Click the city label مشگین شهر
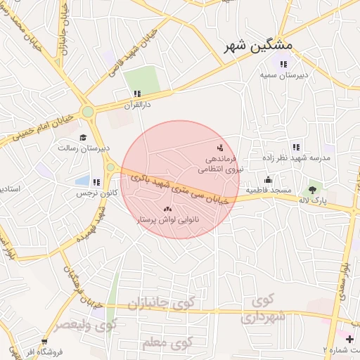(x=259, y=47)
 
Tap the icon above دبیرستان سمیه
(x=283, y=64)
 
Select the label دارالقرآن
(x=138, y=105)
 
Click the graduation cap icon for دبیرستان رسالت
(x=83, y=138)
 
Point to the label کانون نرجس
(x=92, y=192)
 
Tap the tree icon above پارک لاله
(x=312, y=190)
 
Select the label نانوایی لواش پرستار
(x=167, y=220)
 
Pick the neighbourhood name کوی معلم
(x=167, y=342)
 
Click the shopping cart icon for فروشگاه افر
(x=45, y=341)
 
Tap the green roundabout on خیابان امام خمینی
(x=87, y=111)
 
